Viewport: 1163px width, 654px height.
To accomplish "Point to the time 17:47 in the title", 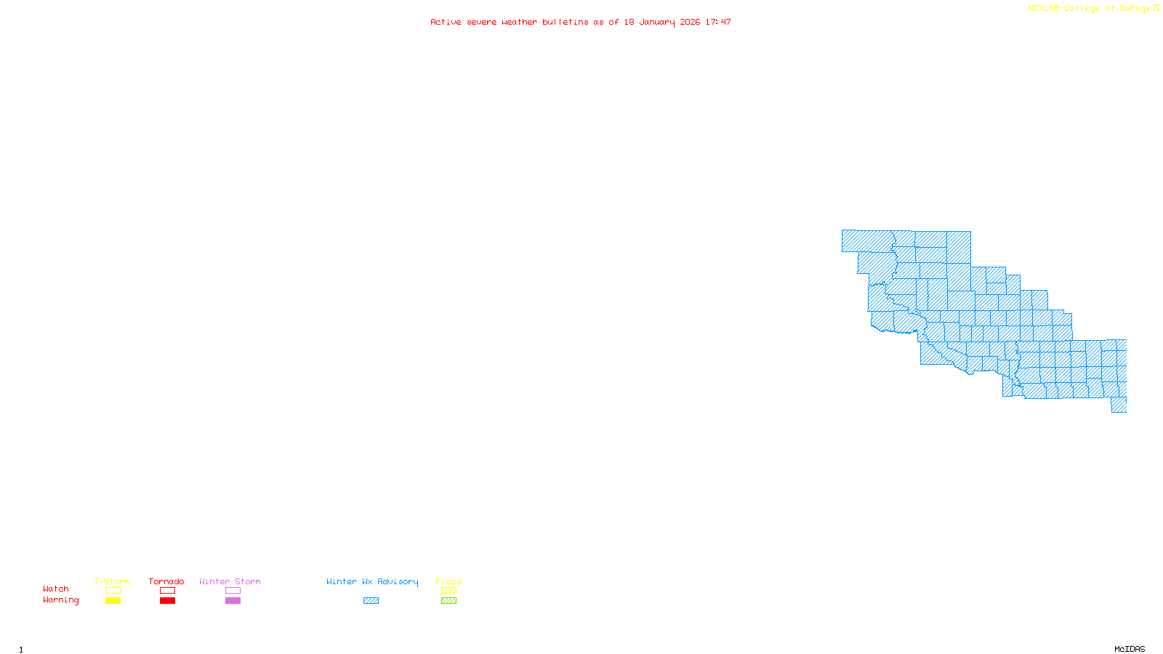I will (x=718, y=23).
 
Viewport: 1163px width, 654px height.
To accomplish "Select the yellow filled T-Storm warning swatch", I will (x=113, y=601).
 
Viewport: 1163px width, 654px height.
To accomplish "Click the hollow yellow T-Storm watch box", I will (x=113, y=591).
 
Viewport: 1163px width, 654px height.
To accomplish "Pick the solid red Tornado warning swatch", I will (x=167, y=601).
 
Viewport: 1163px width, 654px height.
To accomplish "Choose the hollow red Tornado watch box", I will (x=167, y=591).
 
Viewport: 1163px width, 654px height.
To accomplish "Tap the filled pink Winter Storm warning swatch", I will (x=233, y=601).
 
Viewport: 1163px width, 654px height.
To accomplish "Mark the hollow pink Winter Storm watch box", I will (x=233, y=591).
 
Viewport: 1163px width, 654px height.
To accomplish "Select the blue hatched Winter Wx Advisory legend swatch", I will (x=371, y=601).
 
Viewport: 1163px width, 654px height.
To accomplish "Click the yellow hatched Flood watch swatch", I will (x=448, y=591).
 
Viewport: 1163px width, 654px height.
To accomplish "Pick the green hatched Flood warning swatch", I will (x=448, y=601).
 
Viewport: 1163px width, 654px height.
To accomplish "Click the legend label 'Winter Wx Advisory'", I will (x=372, y=582).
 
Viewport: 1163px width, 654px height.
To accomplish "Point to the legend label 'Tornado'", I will (x=166, y=582).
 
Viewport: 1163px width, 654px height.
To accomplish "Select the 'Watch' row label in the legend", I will (x=56, y=589).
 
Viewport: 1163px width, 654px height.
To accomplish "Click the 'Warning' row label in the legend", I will (x=60, y=600).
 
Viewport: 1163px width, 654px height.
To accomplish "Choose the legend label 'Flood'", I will (x=448, y=582).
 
